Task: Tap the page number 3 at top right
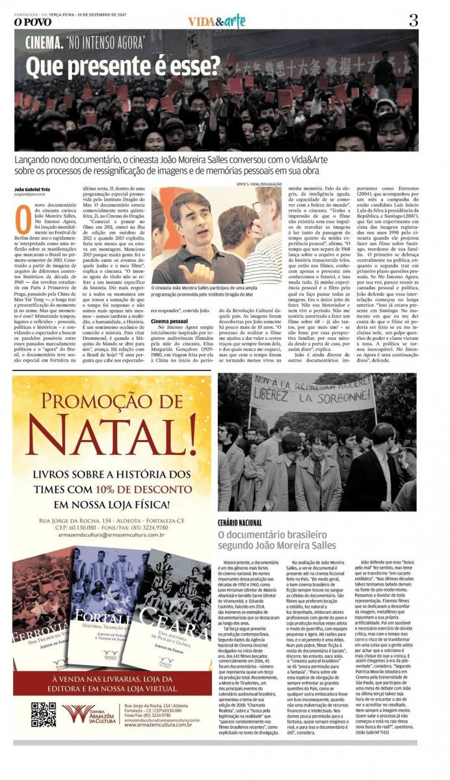(x=414, y=19)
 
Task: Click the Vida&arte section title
(x=217, y=21)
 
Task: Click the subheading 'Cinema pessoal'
(x=170, y=321)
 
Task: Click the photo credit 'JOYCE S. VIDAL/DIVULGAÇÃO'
(x=256, y=184)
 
